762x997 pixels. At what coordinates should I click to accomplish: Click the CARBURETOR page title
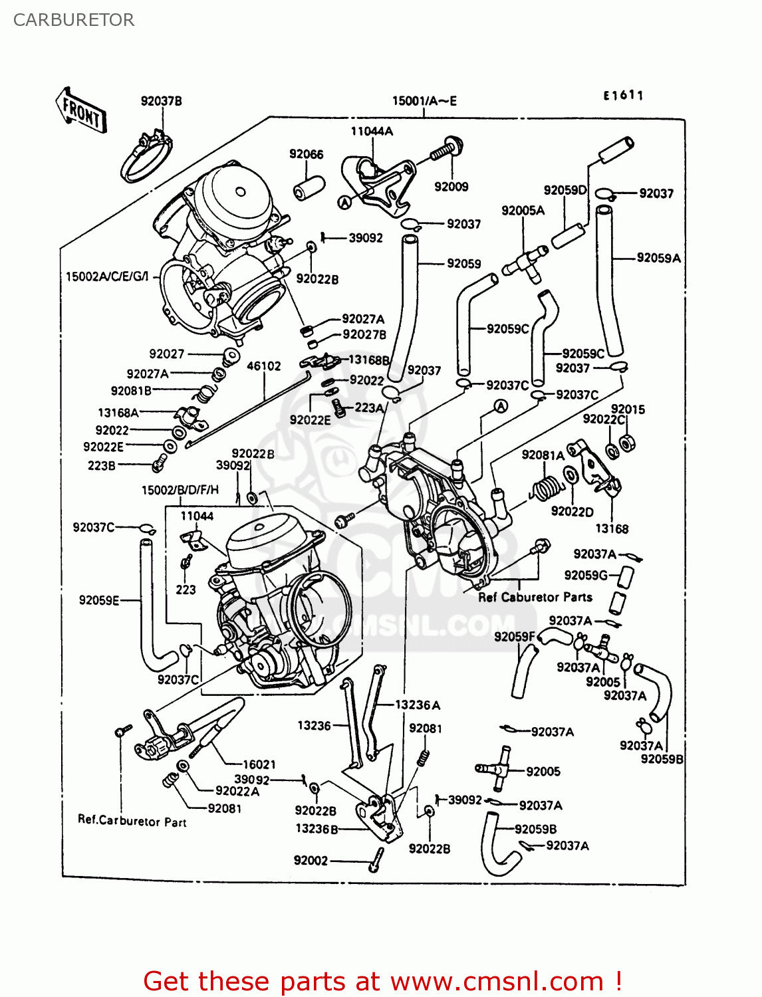point(73,20)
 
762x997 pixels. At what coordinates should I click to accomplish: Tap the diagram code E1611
point(623,96)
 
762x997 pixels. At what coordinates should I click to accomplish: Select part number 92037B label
point(161,101)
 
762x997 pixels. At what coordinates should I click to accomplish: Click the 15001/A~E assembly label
point(424,101)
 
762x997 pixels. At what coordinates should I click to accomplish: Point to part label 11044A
point(372,131)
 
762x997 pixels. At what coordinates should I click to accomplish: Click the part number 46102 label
point(264,366)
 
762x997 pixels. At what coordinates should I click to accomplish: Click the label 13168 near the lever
point(612,528)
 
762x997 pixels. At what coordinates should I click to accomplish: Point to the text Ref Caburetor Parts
point(535,597)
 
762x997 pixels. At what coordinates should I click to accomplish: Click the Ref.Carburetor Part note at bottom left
point(132,821)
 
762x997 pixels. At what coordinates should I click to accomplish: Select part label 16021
point(259,764)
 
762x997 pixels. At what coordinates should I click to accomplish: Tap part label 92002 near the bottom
point(311,860)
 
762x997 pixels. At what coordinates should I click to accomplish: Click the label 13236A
point(418,705)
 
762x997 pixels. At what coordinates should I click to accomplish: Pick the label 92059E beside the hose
point(99,600)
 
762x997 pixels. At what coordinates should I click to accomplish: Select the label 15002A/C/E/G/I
point(108,276)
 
